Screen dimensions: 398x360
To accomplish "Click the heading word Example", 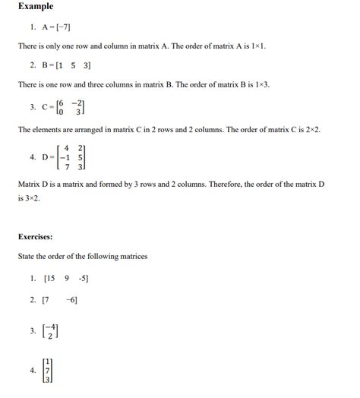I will pos(36,7).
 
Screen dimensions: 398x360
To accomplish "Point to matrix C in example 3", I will pos(68,107).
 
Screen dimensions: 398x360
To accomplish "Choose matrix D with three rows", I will pos(69,157).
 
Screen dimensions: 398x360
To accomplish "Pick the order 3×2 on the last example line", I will pos(32,197).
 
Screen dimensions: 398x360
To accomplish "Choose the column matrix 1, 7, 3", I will pos(48,370).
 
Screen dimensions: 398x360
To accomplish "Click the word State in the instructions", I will pos(27,257).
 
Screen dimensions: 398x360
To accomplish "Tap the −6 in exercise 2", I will pos(71,300).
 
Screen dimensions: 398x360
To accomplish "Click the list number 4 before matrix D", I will pos(33,157).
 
